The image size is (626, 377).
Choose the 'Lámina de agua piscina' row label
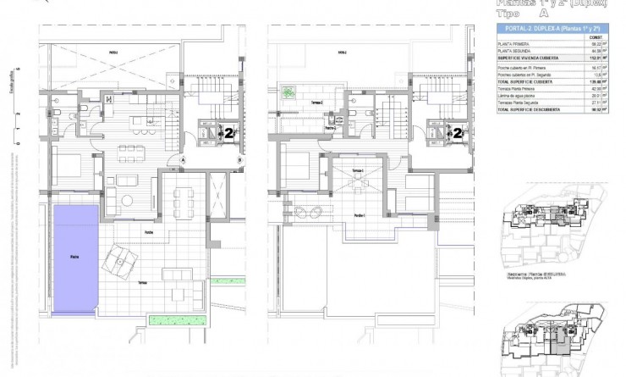coord(518,96)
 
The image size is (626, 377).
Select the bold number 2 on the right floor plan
coord(458,133)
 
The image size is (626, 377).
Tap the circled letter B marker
coord(240,159)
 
